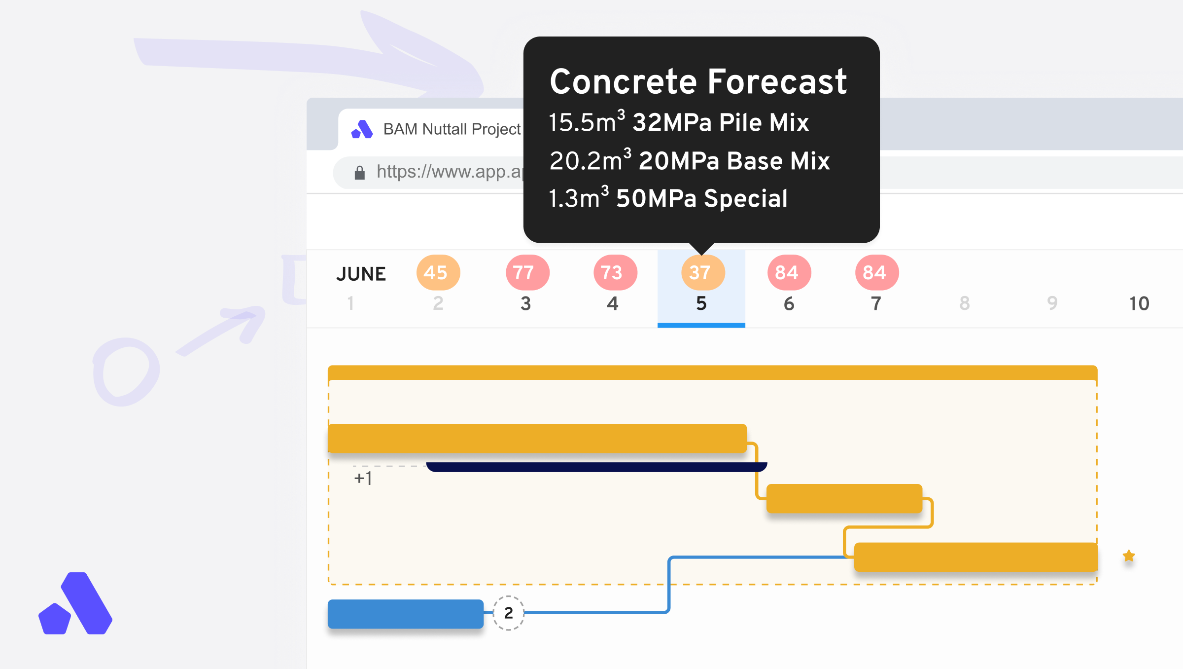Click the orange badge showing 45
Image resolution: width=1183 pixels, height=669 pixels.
point(438,272)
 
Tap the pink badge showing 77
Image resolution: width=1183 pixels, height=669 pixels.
point(527,272)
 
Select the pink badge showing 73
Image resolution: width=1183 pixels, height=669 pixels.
point(615,272)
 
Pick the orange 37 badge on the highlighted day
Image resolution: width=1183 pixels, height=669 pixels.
point(703,272)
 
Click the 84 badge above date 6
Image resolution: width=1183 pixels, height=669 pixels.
point(789,272)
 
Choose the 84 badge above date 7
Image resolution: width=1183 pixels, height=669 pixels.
point(877,272)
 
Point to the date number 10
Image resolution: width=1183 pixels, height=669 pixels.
point(1139,303)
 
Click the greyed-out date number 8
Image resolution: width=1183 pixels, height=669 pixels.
point(965,303)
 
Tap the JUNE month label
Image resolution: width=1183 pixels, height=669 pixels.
point(361,274)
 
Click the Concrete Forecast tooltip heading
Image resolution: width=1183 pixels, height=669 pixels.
point(698,81)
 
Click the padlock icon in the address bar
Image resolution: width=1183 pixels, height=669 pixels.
point(360,172)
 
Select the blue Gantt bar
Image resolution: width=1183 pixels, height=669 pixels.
point(406,614)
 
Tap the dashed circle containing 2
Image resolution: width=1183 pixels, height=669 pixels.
point(509,613)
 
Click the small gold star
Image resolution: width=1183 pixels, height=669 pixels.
point(1129,556)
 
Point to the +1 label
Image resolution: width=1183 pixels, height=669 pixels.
point(363,478)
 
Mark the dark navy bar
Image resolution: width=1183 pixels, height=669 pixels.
point(596,467)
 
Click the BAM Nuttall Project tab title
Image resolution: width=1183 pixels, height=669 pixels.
point(452,129)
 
